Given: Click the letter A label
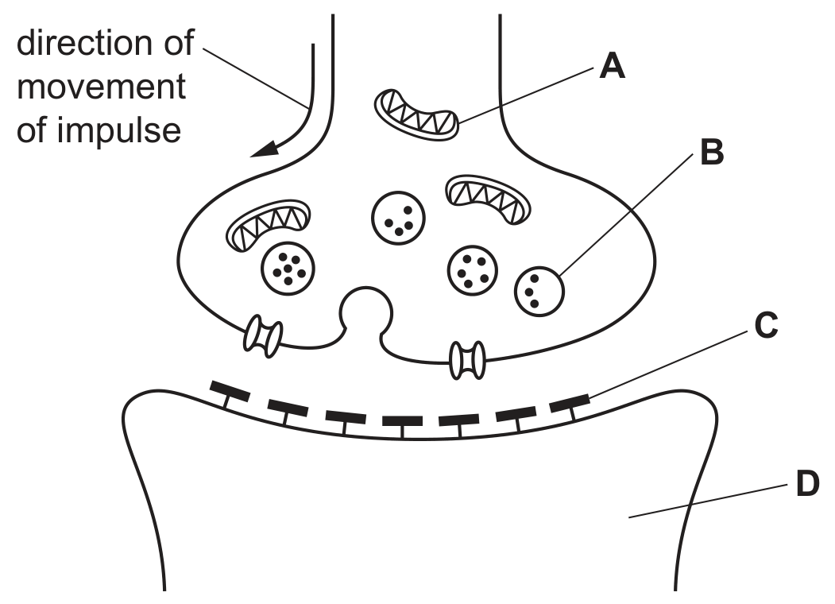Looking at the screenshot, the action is pyautogui.click(x=612, y=66).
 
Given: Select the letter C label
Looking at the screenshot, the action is pyautogui.click(x=767, y=325).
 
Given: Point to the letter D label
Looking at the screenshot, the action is pyautogui.click(x=807, y=484).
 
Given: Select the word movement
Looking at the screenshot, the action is pyautogui.click(x=101, y=87).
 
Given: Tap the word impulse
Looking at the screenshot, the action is pyautogui.click(x=119, y=130).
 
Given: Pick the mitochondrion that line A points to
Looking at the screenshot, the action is pyautogui.click(x=416, y=114).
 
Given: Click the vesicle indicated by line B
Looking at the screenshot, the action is pyautogui.click(x=539, y=292).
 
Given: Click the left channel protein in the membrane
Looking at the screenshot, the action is pyautogui.click(x=263, y=335).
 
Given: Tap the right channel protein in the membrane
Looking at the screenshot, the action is pyautogui.click(x=468, y=360).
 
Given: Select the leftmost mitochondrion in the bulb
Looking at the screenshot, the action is pyautogui.click(x=269, y=225).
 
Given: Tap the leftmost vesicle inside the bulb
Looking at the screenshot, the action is pyautogui.click(x=288, y=269).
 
